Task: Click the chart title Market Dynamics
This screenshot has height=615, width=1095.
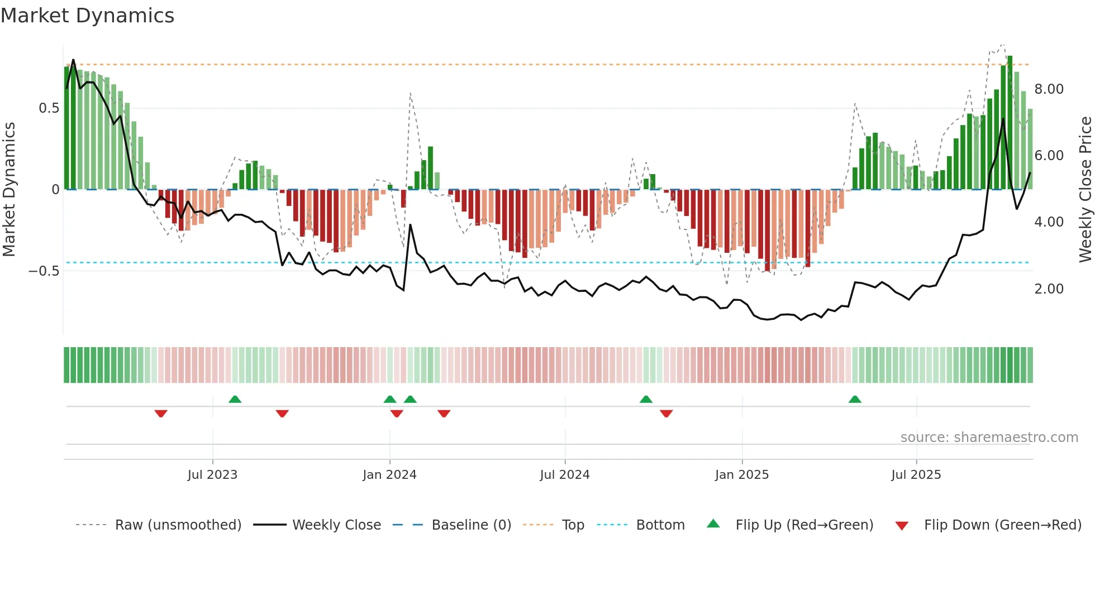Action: [x=87, y=16]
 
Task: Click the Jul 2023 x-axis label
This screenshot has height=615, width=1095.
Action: [x=212, y=475]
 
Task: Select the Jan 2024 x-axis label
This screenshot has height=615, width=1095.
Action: [x=389, y=475]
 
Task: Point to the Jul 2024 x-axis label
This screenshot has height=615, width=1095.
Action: [x=565, y=475]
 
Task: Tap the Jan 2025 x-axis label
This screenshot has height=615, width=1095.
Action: [x=742, y=475]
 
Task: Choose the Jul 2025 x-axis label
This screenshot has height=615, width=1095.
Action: [x=916, y=475]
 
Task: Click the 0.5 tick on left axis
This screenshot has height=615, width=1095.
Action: [x=49, y=108]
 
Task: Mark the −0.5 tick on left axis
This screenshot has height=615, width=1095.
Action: [x=44, y=271]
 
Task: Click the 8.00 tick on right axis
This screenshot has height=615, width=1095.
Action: [x=1049, y=89]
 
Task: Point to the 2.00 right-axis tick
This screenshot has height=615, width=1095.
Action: [x=1049, y=289]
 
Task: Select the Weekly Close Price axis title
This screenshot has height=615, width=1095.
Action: [x=1085, y=189]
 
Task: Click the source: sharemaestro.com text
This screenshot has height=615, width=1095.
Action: [x=989, y=438]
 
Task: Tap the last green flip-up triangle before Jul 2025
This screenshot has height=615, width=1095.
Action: [x=855, y=399]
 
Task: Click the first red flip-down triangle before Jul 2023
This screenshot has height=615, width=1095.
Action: [x=161, y=414]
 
